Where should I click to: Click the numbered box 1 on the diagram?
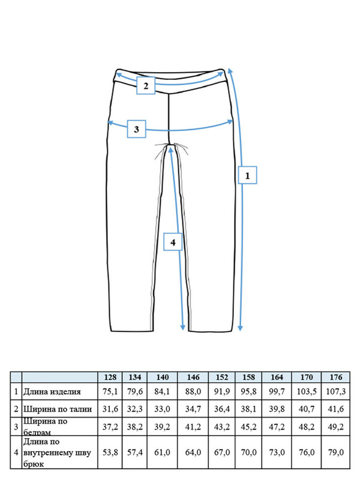coord(247,175)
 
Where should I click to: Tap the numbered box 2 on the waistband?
coord(146,85)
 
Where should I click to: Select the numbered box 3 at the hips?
coord(137,129)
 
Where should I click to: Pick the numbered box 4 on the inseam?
coord(173,242)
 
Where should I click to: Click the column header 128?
coord(110,377)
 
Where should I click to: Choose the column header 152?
coord(222,377)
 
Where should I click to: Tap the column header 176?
coord(336,377)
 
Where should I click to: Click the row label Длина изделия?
coord(52,392)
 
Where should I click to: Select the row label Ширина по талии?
coord(58,409)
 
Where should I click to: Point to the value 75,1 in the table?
coord(110,392)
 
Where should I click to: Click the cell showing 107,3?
coord(336,392)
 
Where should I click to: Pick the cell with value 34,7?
coord(193,409)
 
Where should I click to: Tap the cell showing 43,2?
coord(222,427)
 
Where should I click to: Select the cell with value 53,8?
coord(110,452)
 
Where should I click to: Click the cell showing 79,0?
coord(336,452)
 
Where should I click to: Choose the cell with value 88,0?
coord(193,392)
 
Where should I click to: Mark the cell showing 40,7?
coord(307,409)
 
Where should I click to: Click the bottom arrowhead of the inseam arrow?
coord(183,328)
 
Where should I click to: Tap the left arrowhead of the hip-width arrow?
coord(110,123)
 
